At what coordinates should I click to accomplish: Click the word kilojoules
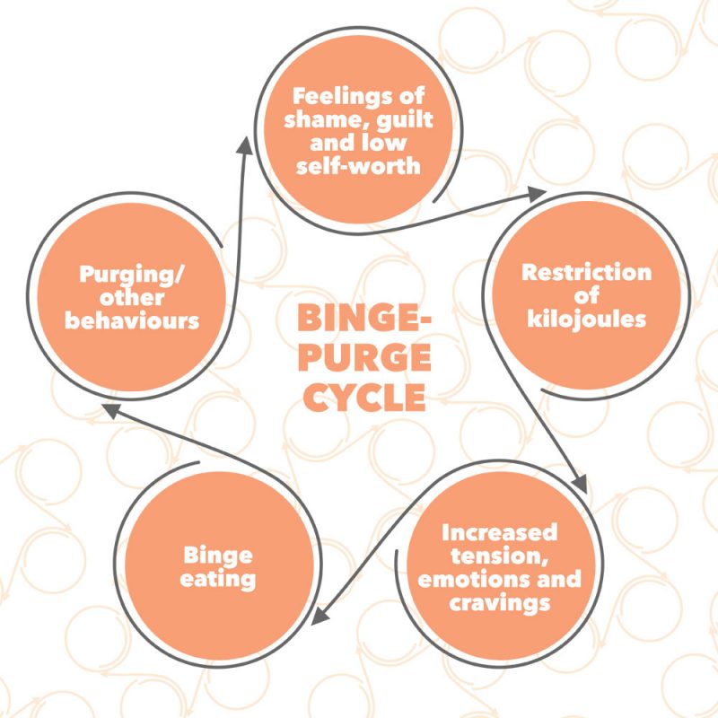(x=586, y=318)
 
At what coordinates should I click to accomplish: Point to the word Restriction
(x=586, y=272)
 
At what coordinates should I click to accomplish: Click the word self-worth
(x=357, y=167)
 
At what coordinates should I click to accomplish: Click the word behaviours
(x=132, y=320)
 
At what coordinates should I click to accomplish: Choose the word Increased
(x=498, y=531)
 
